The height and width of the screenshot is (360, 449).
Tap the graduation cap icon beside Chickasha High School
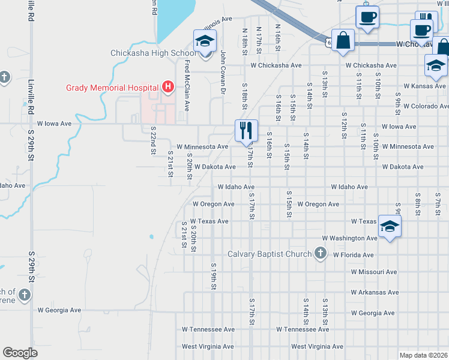[205, 43]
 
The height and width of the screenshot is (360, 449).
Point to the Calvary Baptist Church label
[269, 254]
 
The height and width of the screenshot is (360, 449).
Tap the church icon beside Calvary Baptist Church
[321, 254]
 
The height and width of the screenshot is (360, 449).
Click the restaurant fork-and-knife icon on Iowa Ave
[246, 129]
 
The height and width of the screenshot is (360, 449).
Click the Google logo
[20, 353]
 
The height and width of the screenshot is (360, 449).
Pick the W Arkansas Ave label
[375, 293]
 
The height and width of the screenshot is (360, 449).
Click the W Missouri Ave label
[375, 272]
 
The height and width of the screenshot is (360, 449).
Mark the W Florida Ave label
[354, 254]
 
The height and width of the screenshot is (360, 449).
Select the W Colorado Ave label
[425, 106]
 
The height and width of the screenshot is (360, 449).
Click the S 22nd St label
[154, 138]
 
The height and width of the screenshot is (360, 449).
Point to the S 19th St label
[213, 272]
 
